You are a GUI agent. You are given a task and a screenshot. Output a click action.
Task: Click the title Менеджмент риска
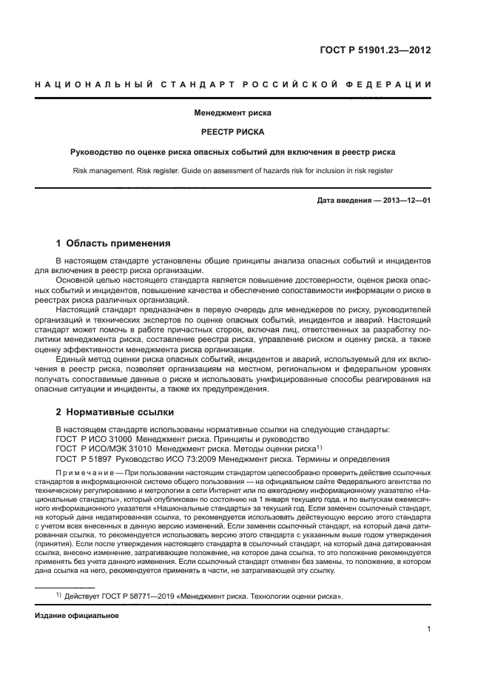pos(233,114)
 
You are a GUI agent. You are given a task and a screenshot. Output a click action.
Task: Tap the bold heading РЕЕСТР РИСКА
pos(233,132)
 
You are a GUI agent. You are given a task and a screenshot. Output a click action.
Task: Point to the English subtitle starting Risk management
pos(233,171)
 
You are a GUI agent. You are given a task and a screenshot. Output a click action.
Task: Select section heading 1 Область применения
pos(114,243)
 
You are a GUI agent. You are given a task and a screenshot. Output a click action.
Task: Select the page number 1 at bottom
pos(429,629)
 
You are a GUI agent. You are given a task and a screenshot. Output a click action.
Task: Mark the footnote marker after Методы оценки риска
pos(319,446)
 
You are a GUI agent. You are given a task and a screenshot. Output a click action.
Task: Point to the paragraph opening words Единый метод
pos(80,359)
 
